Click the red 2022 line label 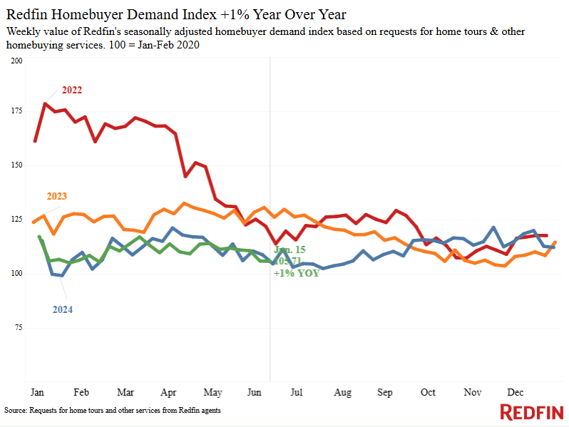point(72,90)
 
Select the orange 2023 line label point(57,196)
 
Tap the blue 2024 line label point(62,309)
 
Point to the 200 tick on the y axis point(17,61)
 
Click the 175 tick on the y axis point(17,111)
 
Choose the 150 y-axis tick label point(17,165)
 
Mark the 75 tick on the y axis point(19,327)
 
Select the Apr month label point(169,393)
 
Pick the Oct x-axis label point(429,393)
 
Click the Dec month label point(516,393)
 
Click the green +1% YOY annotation point(296,273)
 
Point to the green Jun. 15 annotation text point(290,250)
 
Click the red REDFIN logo point(531,412)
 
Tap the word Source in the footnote point(16,411)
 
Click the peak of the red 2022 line point(45,104)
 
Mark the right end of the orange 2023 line point(555,242)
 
